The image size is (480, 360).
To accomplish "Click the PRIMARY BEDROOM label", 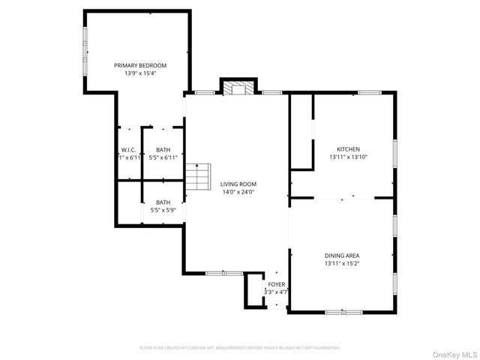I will [140, 65].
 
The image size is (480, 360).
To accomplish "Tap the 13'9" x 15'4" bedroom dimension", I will [140, 73].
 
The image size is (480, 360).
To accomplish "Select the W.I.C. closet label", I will [128, 150].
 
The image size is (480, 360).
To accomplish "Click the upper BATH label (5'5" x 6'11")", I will [163, 150].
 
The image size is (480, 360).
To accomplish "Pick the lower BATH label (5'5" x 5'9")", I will [163, 202].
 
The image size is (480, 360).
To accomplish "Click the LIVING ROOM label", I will [238, 184].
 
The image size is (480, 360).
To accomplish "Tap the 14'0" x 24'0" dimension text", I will [238, 192].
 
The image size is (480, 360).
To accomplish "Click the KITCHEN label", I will [349, 149].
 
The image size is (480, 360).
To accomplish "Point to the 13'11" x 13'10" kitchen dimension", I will [349, 157].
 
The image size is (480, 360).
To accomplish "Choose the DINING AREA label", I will [342, 256].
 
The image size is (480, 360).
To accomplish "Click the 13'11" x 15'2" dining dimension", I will [342, 264].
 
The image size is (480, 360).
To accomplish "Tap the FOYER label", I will [276, 284].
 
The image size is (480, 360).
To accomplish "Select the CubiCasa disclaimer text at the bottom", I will [240, 348].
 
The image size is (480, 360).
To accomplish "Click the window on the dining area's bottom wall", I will [343, 311].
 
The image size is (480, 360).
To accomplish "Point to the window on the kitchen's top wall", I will [369, 92].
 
